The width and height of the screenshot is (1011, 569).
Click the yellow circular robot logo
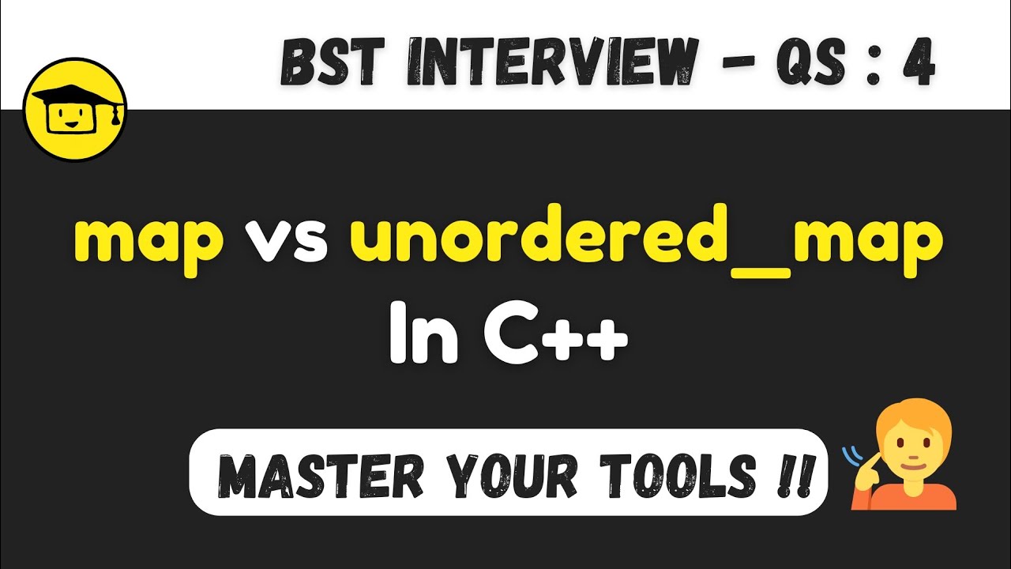pos(76,111)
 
